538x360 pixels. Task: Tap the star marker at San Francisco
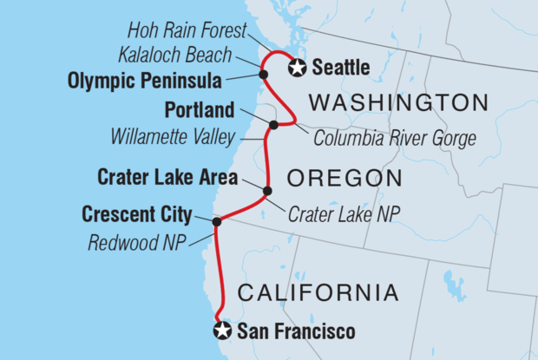click(x=223, y=331)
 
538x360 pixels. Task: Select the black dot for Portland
click(x=273, y=125)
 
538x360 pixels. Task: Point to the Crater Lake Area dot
click(x=267, y=191)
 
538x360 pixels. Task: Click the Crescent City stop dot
click(x=217, y=221)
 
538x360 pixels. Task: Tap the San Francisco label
click(x=296, y=331)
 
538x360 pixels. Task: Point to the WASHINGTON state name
click(x=398, y=103)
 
